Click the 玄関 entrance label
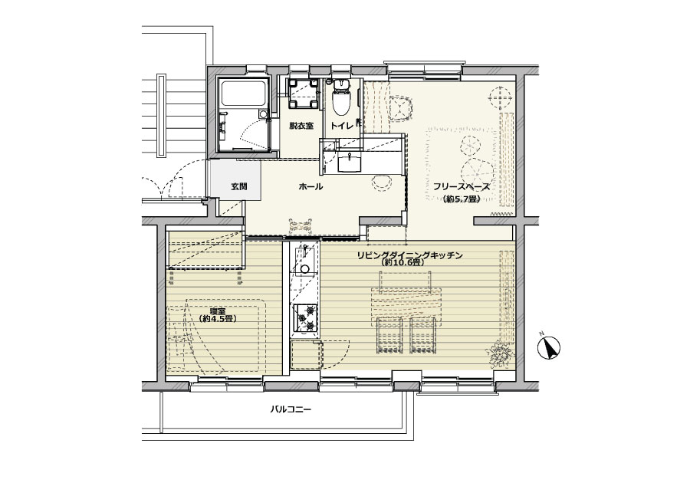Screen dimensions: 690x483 [239, 186]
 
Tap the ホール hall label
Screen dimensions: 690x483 [310, 186]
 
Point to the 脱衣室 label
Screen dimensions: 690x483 [301, 126]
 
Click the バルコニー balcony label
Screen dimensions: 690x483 [291, 409]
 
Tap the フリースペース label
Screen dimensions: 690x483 [462, 186]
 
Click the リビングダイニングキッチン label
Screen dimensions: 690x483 [409, 255]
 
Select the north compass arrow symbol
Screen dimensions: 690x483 [549, 347]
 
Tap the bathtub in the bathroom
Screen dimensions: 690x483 [244, 94]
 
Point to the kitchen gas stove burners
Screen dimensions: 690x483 [306, 317]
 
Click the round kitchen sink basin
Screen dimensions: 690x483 [304, 269]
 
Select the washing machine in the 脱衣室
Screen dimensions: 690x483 [303, 93]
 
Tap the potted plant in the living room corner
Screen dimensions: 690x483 [499, 353]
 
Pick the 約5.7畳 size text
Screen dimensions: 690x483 [462, 199]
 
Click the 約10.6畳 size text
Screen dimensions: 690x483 [403, 263]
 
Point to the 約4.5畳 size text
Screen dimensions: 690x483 [218, 319]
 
